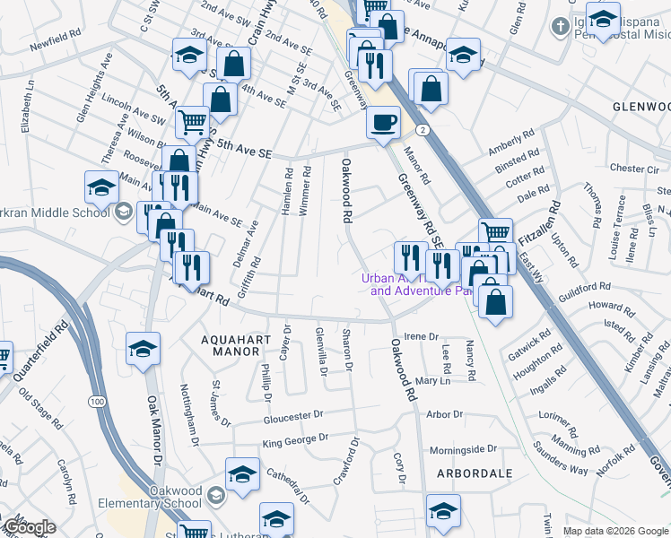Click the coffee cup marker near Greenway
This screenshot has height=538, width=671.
pos(384,123)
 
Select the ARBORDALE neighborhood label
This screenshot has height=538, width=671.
pos(475,473)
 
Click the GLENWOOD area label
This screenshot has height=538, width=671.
pos(640,106)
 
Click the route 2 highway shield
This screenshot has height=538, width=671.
pos(421,130)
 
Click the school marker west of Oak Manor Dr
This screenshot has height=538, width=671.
pos(144,350)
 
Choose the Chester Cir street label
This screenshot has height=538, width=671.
pos(633,168)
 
